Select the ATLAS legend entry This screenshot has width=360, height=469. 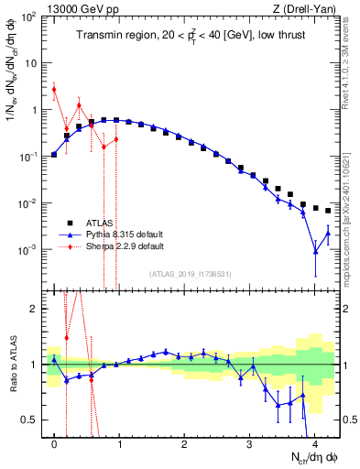[98, 223]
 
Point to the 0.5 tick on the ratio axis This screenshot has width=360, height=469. [33, 420]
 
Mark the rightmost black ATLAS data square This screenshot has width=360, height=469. [328, 211]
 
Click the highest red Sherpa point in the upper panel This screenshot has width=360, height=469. [54, 89]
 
